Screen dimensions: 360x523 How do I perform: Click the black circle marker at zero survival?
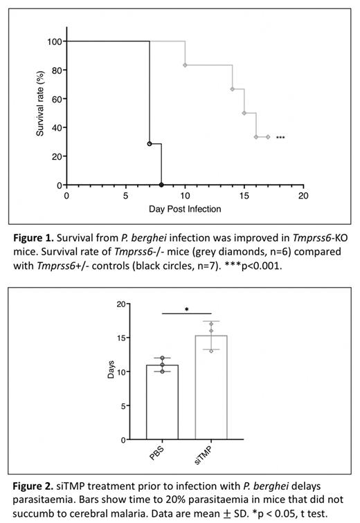point(161,185)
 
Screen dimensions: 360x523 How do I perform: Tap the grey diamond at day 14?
point(233,89)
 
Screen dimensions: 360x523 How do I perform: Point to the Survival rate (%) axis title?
point(41,106)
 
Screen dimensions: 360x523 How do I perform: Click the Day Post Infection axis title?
point(185,208)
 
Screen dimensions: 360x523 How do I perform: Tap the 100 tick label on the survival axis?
point(53,42)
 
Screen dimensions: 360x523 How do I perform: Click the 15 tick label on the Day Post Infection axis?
point(244,196)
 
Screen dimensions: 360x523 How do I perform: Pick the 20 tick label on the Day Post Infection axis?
point(303,196)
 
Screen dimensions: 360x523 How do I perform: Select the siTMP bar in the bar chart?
point(212,387)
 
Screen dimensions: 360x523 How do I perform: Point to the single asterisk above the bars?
point(187,310)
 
